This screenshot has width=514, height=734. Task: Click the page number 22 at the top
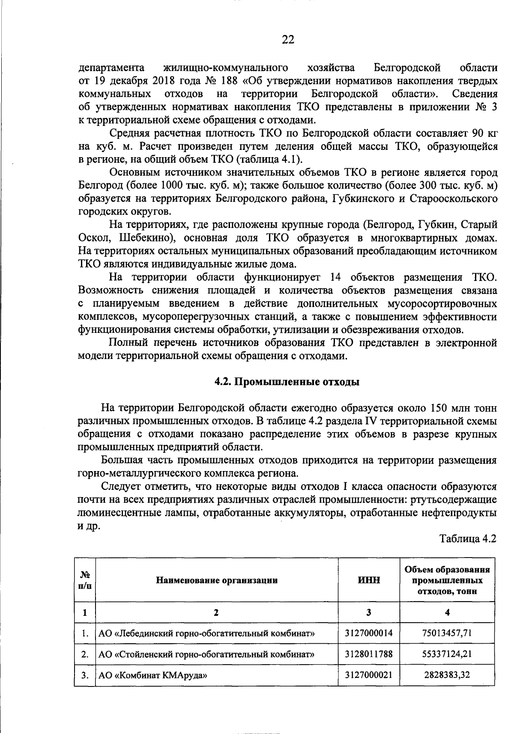[x=288, y=40]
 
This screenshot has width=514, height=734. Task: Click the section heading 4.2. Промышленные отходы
[x=286, y=382]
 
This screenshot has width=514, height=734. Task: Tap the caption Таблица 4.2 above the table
[x=468, y=539]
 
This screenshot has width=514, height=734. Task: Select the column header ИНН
[x=369, y=580]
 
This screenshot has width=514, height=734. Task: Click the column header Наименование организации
[x=216, y=580]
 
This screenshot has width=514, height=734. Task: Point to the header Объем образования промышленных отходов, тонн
[x=447, y=580]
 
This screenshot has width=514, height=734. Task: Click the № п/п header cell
[x=85, y=580]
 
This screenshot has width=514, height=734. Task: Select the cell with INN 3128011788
[x=369, y=654]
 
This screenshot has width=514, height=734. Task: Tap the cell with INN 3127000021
[x=369, y=675]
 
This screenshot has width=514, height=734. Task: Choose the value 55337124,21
[x=447, y=654]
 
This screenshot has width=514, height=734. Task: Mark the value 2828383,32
[x=447, y=675]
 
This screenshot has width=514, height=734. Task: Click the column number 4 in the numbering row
[x=447, y=612]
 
